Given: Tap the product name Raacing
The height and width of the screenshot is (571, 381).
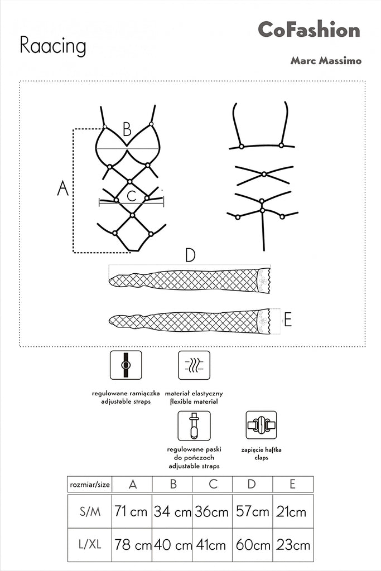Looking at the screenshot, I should [x=53, y=47].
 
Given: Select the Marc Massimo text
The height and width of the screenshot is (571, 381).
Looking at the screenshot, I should [x=325, y=61].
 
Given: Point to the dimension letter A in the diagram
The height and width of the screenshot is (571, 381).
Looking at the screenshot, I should [x=63, y=189].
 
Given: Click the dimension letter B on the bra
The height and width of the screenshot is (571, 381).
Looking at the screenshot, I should [x=127, y=130].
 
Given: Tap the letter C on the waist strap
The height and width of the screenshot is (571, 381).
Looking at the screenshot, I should [x=132, y=196].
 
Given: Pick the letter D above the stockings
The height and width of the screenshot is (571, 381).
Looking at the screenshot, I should [x=190, y=255].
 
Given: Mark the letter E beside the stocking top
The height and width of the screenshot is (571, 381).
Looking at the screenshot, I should [x=288, y=320].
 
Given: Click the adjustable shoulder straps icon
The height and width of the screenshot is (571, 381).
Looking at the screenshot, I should [x=126, y=365].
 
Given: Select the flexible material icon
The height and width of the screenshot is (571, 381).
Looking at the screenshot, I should [x=194, y=365].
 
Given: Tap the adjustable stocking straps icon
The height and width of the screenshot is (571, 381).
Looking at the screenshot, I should [x=194, y=425].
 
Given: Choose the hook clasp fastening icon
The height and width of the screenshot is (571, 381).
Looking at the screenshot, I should [x=262, y=425].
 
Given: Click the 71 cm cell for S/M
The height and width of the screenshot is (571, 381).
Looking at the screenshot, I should [x=132, y=511].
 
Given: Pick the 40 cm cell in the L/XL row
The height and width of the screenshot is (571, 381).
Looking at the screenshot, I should [x=172, y=544].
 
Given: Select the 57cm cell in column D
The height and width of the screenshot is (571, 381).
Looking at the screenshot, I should [x=252, y=511].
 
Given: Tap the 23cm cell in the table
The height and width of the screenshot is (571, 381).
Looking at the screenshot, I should [x=292, y=544].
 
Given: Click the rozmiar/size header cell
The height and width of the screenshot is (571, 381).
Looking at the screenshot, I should [x=89, y=483].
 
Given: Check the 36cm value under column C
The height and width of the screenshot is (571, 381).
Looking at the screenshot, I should [x=212, y=511].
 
